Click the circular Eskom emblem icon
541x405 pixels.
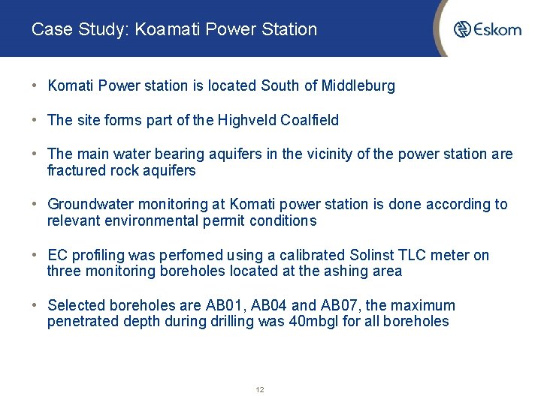462,29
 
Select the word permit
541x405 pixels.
225,220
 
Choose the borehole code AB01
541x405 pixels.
223,305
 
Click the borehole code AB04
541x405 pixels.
266,305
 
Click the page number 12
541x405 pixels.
259,390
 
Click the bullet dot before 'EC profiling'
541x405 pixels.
36,255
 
